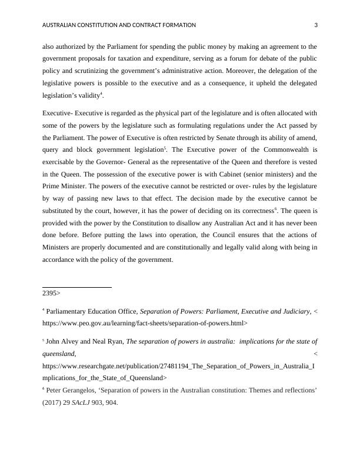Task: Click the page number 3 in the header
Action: (316, 25)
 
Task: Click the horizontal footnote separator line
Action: (77, 287)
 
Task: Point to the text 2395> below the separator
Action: (51, 292)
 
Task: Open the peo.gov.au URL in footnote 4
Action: (145, 323)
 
